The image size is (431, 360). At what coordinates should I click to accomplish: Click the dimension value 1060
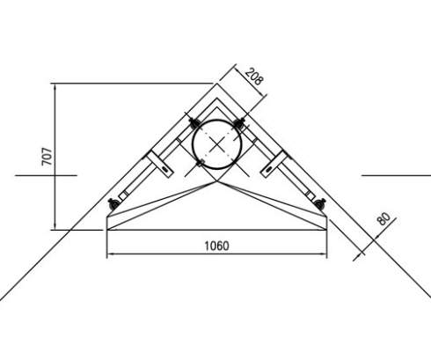(216, 246)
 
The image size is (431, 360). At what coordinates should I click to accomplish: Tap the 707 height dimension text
(47, 157)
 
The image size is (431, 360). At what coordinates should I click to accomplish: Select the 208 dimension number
(254, 77)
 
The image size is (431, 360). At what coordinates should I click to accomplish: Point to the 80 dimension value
(384, 218)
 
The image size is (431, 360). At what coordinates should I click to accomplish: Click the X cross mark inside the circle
(216, 144)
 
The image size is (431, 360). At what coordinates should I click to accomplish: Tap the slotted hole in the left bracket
(164, 169)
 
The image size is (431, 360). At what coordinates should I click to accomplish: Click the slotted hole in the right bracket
(268, 169)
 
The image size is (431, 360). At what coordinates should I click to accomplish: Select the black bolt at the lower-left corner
(113, 203)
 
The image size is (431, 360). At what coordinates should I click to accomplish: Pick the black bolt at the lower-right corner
(320, 203)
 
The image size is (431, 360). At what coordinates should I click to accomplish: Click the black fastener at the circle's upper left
(194, 123)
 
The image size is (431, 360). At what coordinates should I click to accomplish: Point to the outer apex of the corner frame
(217, 84)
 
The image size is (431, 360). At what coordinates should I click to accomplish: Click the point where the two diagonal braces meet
(217, 181)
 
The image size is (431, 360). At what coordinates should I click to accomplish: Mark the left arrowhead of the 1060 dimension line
(108, 253)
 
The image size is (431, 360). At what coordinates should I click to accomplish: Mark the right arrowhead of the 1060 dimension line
(325, 253)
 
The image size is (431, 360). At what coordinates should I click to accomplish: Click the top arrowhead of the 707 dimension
(55, 86)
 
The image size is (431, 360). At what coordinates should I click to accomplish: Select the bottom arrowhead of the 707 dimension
(55, 227)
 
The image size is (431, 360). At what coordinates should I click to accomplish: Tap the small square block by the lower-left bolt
(123, 195)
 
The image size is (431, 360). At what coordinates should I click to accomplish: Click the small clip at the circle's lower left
(201, 164)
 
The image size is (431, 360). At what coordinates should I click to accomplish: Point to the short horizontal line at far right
(397, 175)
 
